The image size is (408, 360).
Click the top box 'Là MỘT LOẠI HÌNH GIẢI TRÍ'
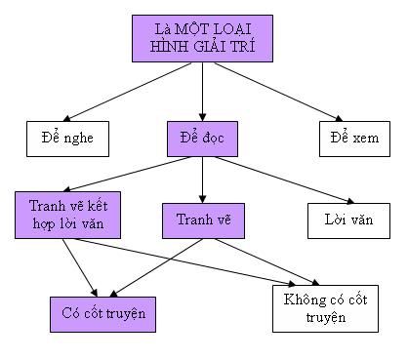(201, 37)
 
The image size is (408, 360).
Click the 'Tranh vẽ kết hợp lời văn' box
(66, 215)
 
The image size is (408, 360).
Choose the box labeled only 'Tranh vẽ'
(201, 219)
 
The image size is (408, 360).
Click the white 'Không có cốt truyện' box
(323, 308)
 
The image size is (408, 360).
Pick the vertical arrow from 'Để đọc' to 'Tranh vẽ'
(201, 180)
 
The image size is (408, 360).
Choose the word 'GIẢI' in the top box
(208, 46)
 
